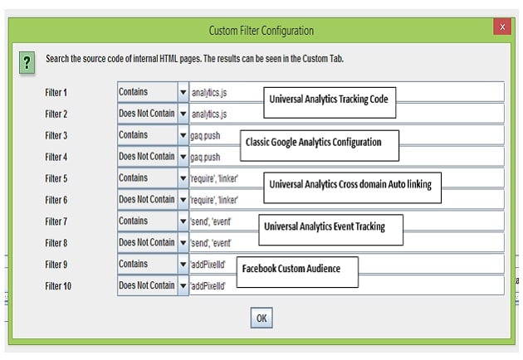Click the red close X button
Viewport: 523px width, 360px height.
pos(502,27)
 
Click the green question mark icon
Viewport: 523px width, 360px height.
pos(27,62)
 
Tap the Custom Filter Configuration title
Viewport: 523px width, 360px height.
pos(261,31)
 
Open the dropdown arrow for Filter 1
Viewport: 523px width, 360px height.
pos(183,92)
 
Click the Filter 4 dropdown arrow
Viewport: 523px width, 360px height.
pos(183,156)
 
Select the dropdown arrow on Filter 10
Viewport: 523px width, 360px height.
pos(183,285)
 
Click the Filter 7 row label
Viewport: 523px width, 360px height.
pos(56,221)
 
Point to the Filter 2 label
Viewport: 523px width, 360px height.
pos(56,114)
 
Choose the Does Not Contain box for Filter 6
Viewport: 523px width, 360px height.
pos(148,199)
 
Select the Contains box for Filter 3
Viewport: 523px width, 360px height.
pos(148,134)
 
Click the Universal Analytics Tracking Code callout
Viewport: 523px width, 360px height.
pos(330,103)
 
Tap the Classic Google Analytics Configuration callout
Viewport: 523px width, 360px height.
pos(320,146)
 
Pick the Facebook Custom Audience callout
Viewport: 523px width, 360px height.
pos(297,272)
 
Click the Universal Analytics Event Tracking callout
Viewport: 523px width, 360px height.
pos(331,230)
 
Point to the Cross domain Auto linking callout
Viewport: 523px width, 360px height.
pos(352,187)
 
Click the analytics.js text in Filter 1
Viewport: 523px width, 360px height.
pos(209,93)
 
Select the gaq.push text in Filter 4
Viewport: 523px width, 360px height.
pos(205,157)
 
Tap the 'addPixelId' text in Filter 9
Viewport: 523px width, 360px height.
pos(208,265)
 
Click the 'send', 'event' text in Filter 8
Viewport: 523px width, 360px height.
pos(211,243)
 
